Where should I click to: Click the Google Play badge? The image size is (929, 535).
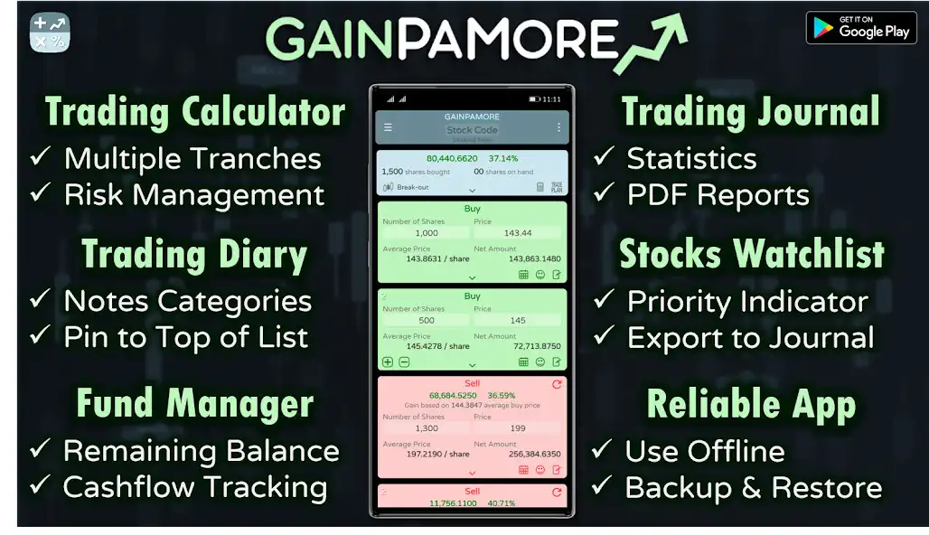click(861, 27)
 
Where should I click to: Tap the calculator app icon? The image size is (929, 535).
click(50, 32)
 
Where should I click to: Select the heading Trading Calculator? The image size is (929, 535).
click(195, 113)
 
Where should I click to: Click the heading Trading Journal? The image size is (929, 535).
click(750, 113)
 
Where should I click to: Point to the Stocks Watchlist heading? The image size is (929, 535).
click(751, 255)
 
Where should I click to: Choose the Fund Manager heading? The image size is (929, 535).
click(194, 403)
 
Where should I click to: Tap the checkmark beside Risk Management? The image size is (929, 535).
click(41, 193)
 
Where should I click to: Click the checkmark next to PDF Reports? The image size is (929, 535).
click(603, 194)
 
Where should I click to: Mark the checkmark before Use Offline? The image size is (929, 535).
click(602, 449)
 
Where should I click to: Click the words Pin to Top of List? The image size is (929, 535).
click(185, 337)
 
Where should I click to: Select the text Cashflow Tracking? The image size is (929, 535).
click(194, 486)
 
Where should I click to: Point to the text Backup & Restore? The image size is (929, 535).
click(753, 487)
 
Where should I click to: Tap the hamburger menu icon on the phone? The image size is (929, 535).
click(389, 127)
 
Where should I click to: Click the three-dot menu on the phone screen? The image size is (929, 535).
click(558, 127)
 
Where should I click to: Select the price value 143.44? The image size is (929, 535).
click(518, 233)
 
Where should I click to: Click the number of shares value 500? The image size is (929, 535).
click(427, 320)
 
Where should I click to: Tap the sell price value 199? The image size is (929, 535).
click(518, 428)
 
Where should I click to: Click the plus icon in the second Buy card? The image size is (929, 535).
click(388, 361)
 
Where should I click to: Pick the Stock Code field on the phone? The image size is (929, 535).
click(472, 130)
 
